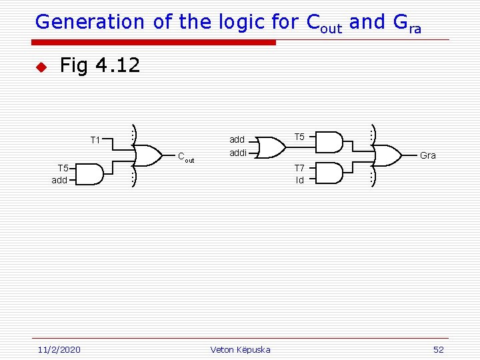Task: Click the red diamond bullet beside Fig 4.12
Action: click(x=40, y=67)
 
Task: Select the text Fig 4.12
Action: click(x=99, y=65)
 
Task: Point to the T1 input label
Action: click(x=95, y=140)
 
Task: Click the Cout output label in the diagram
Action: click(x=185, y=157)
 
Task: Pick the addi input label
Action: click(x=238, y=153)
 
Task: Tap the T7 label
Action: click(x=299, y=168)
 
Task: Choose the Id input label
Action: click(x=300, y=180)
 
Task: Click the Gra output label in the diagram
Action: click(x=427, y=155)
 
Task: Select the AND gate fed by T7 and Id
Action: click(x=331, y=173)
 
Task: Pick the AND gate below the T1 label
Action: click(x=91, y=174)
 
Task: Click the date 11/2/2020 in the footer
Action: click(x=59, y=349)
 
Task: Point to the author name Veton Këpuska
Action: click(x=240, y=349)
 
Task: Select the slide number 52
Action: click(x=438, y=349)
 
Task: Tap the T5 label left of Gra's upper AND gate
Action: click(x=299, y=137)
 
